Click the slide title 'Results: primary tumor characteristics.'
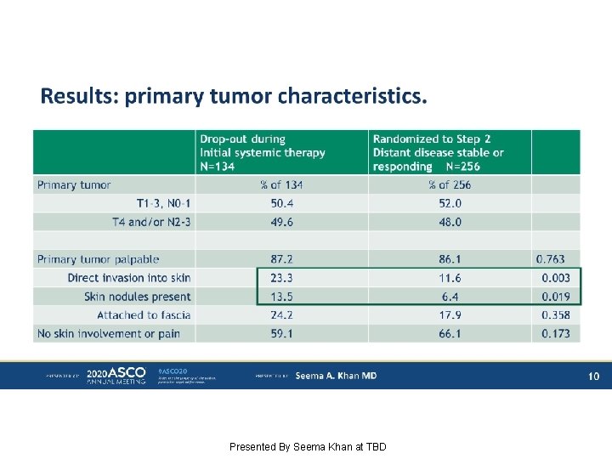[x=234, y=97]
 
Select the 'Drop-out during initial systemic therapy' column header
[x=262, y=152]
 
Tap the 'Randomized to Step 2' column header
[x=438, y=152]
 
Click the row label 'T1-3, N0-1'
[x=164, y=203]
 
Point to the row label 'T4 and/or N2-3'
[x=152, y=222]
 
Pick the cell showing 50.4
[x=281, y=203]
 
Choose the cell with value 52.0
[x=450, y=203]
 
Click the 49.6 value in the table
[x=281, y=222]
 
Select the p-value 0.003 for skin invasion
[x=556, y=278]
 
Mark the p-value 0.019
[x=556, y=297]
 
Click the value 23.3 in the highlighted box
[x=281, y=278]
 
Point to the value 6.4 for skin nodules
[x=450, y=297]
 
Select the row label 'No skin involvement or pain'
[x=109, y=334]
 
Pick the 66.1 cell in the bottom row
[x=450, y=334]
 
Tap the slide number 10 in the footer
[x=594, y=376]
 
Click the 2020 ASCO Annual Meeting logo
[x=116, y=376]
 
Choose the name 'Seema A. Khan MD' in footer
[x=336, y=376]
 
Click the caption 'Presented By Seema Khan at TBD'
[x=308, y=446]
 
